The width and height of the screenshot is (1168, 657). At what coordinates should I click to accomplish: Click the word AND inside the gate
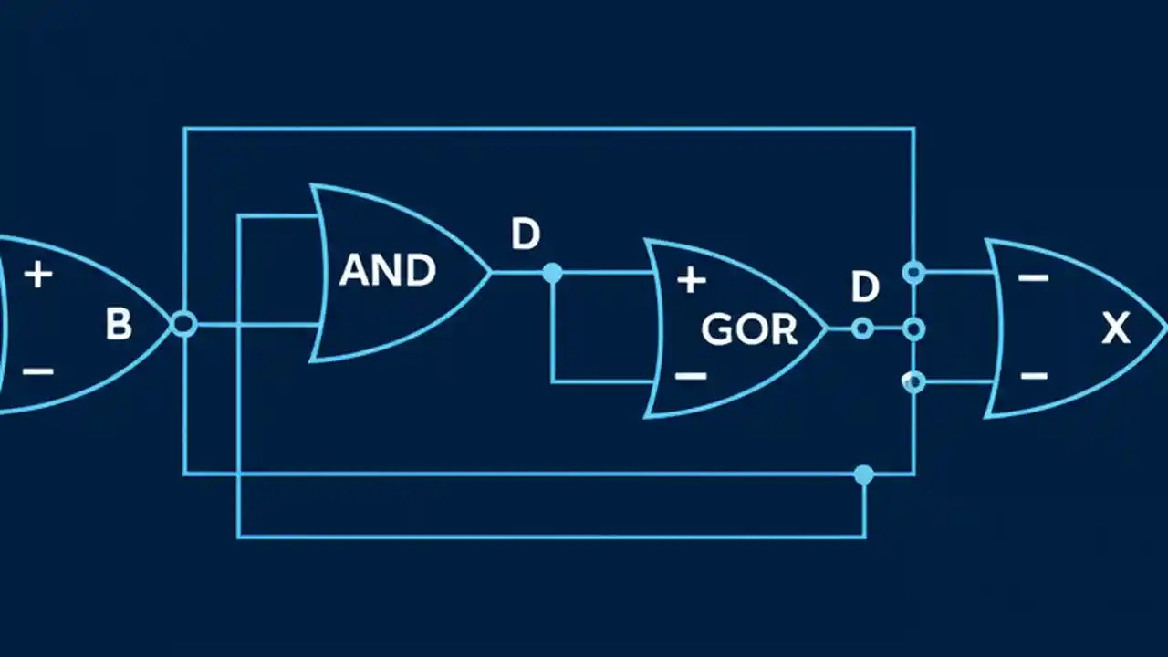(388, 271)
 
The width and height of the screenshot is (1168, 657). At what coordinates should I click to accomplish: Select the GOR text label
(749, 329)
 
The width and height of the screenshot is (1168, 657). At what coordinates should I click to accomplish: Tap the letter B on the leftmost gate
(119, 325)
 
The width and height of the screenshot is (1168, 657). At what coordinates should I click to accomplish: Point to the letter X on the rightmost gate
(1115, 328)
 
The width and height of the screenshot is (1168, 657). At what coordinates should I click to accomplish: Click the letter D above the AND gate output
(526, 235)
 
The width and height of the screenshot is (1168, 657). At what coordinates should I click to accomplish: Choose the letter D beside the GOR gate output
(864, 288)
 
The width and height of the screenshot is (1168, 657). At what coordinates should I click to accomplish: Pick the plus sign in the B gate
(38, 274)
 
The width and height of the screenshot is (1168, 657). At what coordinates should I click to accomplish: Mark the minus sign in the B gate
(38, 371)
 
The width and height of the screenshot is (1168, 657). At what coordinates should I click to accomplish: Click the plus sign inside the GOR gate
(692, 280)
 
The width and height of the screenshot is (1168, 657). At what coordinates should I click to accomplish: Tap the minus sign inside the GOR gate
(692, 375)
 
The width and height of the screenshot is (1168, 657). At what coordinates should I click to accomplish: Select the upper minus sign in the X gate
(1033, 277)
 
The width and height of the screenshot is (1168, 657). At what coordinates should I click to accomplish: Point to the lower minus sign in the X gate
(1033, 375)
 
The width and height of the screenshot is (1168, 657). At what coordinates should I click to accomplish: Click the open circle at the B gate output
(184, 324)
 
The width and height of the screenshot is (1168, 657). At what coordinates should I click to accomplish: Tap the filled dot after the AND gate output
(552, 272)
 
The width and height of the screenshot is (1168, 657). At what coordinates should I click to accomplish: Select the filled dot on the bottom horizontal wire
(863, 474)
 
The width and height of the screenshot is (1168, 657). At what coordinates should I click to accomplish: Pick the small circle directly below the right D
(861, 328)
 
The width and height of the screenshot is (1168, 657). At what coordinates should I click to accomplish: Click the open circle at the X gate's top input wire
(913, 272)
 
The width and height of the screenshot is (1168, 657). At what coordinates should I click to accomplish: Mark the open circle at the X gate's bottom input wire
(913, 381)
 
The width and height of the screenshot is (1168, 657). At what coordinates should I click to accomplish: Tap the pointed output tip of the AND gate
(490, 272)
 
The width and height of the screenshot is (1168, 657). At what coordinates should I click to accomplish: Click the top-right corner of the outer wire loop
(913, 129)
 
